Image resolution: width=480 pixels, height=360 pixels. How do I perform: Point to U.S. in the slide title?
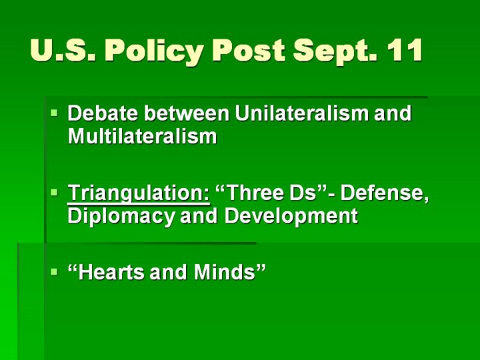(63, 50)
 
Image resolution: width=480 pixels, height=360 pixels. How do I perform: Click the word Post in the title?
(248, 50)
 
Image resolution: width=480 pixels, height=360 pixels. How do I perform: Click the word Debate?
(103, 113)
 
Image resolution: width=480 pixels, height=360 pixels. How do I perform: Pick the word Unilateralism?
(302, 113)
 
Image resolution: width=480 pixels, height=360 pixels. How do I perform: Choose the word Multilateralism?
(143, 136)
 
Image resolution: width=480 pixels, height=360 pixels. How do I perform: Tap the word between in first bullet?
(187, 113)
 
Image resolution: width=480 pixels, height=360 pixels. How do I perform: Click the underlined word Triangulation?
(139, 193)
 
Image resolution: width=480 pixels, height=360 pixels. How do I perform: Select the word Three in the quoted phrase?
(251, 193)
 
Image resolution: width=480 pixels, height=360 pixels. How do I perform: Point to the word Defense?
(385, 193)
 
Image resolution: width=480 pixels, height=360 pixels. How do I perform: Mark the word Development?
(291, 217)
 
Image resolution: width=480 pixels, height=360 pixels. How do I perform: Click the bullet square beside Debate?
(54, 113)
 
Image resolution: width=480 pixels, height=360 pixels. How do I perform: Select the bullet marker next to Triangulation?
(54, 193)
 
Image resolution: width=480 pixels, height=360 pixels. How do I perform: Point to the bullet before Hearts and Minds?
(54, 272)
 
